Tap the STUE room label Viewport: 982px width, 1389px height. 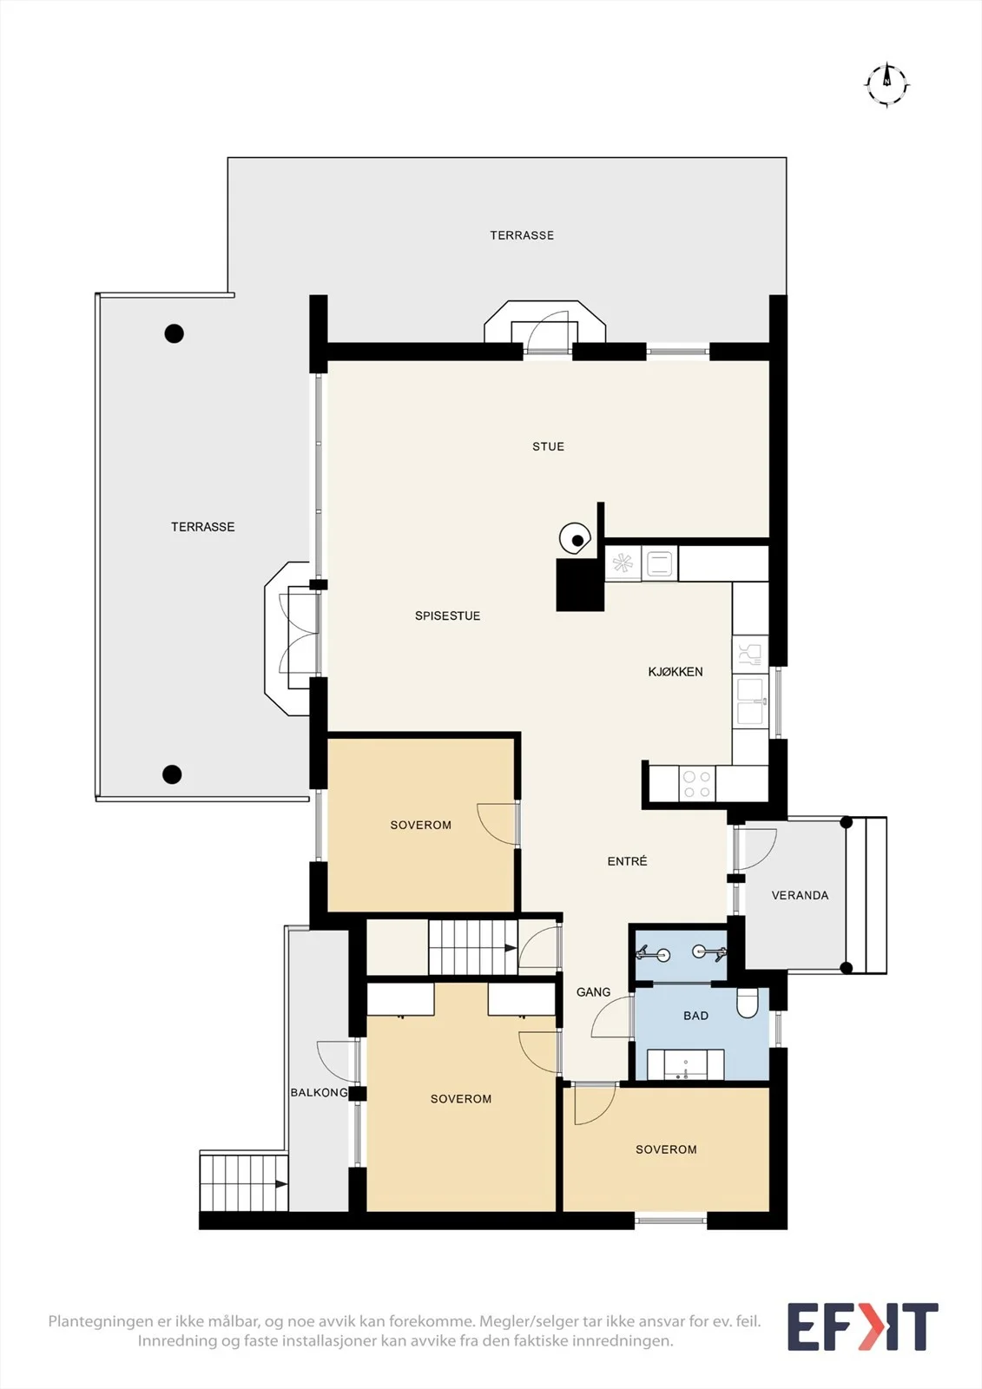tap(549, 446)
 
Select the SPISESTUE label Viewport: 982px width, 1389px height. tap(447, 616)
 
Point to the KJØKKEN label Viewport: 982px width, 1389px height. tap(675, 672)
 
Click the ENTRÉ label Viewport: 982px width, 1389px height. tap(627, 860)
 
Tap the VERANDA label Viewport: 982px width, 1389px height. tap(800, 895)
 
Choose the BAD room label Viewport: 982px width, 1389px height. tap(695, 1016)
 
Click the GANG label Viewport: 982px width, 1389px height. tap(593, 992)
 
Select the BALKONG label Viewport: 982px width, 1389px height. tap(319, 1093)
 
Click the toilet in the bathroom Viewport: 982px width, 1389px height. tap(747, 1004)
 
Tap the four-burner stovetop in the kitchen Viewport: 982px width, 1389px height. tap(696, 784)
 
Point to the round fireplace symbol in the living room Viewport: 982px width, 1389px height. tap(574, 539)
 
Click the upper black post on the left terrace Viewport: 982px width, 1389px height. tap(174, 333)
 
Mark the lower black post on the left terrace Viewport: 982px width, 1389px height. tap(172, 773)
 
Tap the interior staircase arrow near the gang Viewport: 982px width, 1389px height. tap(511, 948)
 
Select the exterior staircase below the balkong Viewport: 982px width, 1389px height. tap(244, 1184)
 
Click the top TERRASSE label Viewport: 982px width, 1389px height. tap(522, 235)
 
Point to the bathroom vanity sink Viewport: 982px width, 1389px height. tap(685, 1064)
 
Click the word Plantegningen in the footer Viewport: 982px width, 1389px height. tap(101, 1321)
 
